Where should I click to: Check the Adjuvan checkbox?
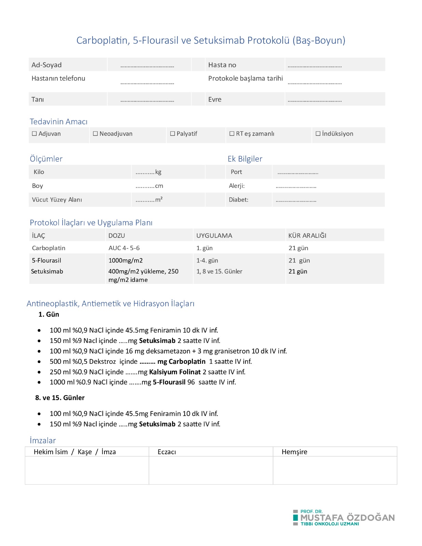click(34, 134)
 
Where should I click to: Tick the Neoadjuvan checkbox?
click(95, 134)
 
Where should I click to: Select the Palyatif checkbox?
click(172, 134)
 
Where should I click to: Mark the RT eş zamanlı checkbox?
click(232, 134)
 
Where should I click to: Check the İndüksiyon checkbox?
click(318, 134)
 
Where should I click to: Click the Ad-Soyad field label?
click(46, 65)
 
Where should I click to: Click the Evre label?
click(215, 99)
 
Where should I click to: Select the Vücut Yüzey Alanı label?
click(57, 200)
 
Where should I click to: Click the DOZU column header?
click(116, 235)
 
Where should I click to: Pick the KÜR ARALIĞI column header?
click(307, 235)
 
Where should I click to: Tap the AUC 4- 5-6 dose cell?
click(124, 248)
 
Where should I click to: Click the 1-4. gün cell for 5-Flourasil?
click(207, 260)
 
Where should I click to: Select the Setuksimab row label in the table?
click(47, 271)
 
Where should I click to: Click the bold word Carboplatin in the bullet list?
click(187, 361)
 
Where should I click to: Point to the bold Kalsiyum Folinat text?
click(175, 372)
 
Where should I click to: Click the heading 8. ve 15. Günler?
click(60, 398)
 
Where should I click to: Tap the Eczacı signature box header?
click(167, 452)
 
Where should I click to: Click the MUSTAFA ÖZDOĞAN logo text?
click(347, 518)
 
